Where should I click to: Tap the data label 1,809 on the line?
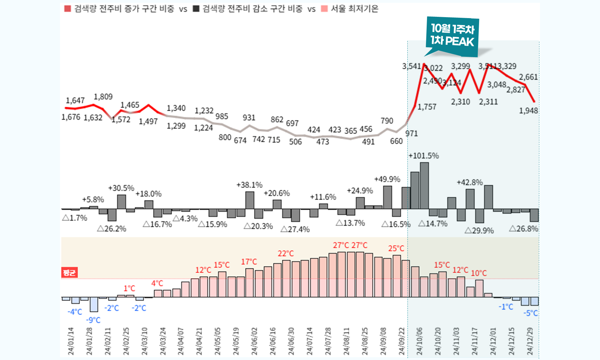(103, 97)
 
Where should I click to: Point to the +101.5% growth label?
(423, 156)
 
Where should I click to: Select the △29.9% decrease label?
(479, 231)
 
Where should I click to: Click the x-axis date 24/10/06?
(419, 341)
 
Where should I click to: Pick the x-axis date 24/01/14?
(71, 341)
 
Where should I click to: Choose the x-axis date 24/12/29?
(530, 341)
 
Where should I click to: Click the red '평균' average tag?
(69, 272)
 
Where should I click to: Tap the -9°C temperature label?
(93, 320)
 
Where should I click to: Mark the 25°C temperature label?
(396, 249)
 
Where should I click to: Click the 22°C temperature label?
(286, 254)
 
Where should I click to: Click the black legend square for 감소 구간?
(196, 9)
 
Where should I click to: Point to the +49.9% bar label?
(387, 179)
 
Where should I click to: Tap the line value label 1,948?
(529, 111)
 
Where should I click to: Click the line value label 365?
(351, 131)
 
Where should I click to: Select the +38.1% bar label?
(250, 185)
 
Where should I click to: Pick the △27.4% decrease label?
(295, 230)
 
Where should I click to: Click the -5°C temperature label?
(530, 313)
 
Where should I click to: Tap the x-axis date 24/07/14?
(310, 341)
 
